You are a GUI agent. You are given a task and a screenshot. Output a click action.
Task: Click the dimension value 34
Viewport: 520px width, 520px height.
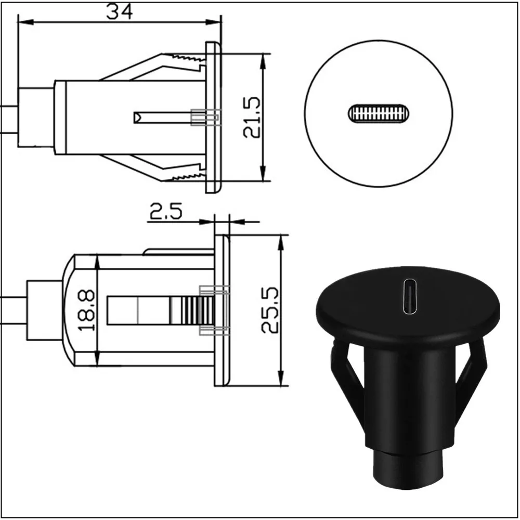pyautogui.click(x=119, y=11)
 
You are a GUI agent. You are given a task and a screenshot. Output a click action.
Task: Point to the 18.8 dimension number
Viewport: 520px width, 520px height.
pyautogui.click(x=86, y=310)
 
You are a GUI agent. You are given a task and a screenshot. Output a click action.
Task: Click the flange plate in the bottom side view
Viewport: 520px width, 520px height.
pyautogui.click(x=222, y=310)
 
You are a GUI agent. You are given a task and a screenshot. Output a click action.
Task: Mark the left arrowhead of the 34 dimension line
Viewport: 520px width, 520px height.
pyautogui.click(x=23, y=22)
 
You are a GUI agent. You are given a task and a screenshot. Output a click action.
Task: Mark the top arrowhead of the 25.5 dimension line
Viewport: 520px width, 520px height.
pyautogui.click(x=281, y=240)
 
